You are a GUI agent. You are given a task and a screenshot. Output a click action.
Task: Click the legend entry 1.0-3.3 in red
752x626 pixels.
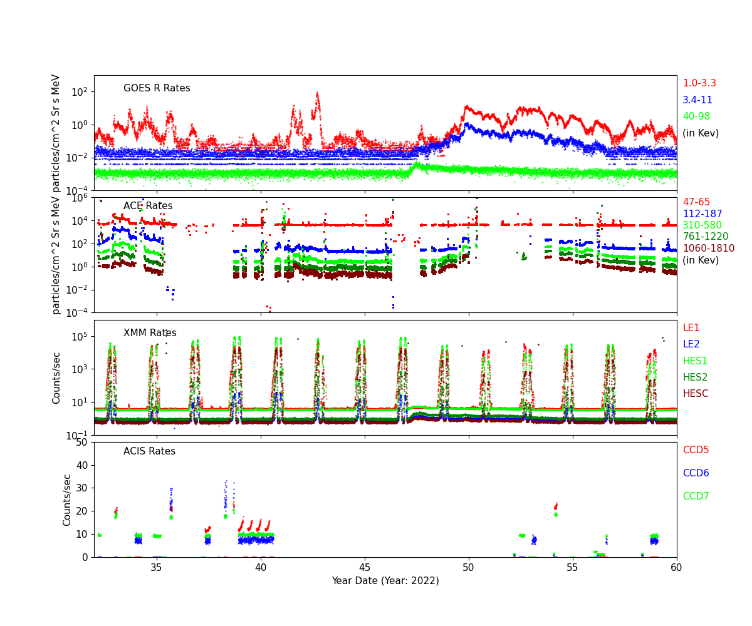(699, 83)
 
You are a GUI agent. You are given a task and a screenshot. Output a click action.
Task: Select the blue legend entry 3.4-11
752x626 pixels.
(697, 100)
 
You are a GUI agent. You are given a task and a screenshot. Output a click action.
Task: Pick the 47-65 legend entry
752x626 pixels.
(696, 202)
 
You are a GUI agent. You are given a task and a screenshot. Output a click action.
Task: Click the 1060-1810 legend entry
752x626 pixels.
(708, 249)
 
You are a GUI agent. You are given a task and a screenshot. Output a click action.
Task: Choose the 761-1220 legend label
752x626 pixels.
(705, 237)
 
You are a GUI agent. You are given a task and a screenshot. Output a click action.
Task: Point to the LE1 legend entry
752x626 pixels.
(691, 328)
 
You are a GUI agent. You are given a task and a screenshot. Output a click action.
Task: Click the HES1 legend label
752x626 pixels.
(694, 361)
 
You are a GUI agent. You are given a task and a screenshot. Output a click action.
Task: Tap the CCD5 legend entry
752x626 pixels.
(696, 450)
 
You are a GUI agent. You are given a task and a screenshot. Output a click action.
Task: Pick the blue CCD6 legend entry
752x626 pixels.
(696, 473)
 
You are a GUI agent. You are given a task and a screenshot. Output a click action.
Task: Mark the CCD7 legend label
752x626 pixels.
(696, 496)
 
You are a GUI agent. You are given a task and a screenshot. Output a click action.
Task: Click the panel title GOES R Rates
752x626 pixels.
(157, 88)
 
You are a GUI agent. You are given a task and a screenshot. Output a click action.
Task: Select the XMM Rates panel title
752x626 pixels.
(150, 333)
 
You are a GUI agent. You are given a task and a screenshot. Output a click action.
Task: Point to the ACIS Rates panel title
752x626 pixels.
(149, 451)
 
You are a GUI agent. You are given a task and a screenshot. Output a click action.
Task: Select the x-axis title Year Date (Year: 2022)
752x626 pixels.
(385, 580)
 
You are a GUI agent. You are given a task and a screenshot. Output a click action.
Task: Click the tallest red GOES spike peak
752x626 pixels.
(318, 93)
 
